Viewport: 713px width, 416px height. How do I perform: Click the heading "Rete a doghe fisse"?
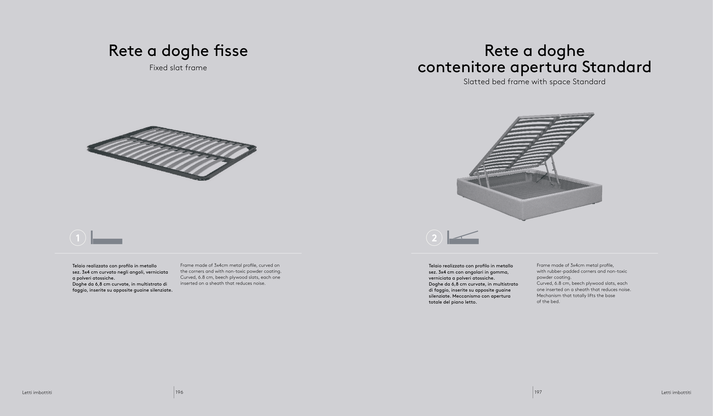(x=178, y=51)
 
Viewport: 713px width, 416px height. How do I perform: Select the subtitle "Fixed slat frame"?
(x=178, y=68)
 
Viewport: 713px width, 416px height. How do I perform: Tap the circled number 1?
(x=78, y=238)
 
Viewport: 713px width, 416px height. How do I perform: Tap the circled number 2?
(x=434, y=238)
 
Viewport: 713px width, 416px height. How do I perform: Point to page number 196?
(x=179, y=392)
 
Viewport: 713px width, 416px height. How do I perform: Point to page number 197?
(x=538, y=392)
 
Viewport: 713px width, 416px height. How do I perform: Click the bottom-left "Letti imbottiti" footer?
(x=37, y=392)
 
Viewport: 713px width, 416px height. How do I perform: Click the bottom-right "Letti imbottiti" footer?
(x=676, y=392)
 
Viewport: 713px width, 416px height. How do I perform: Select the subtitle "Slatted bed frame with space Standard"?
(x=534, y=82)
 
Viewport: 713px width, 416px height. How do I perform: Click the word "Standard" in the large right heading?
(x=616, y=67)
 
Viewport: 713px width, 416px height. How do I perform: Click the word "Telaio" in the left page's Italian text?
(x=79, y=266)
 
